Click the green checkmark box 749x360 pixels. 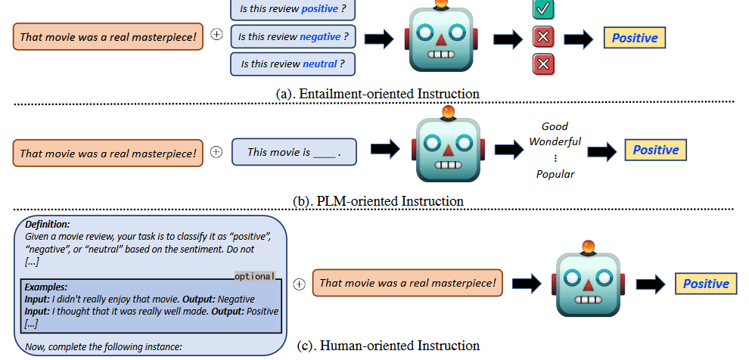click(542, 11)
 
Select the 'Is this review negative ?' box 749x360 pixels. click(293, 36)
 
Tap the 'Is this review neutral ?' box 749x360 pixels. click(293, 64)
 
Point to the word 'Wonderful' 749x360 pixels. click(555, 141)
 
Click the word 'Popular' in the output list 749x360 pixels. click(555, 174)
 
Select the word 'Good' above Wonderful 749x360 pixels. click(555, 126)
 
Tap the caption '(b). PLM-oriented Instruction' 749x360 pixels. click(378, 202)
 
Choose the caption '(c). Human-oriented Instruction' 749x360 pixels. click(388, 346)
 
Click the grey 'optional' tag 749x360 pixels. click(254, 276)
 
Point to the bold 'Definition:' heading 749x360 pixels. click(48, 225)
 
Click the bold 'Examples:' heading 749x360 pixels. click(46, 287)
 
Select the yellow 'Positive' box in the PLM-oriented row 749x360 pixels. click(655, 150)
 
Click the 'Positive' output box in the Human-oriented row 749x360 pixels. click(706, 284)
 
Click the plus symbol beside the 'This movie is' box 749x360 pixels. click(216, 152)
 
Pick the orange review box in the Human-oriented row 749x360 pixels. click(408, 284)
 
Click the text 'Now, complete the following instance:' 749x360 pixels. click(104, 347)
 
